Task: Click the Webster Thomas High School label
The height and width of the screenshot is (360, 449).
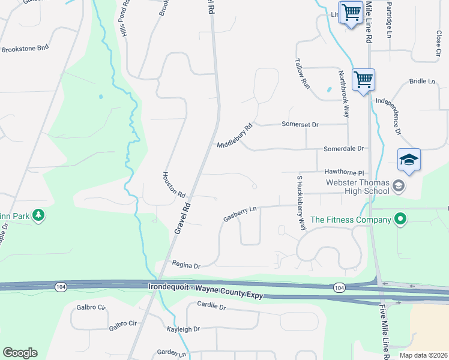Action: pyautogui.click(x=358, y=187)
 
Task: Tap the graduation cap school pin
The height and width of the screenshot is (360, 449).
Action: pyautogui.click(x=409, y=160)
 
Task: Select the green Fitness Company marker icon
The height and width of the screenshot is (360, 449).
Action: pyautogui.click(x=400, y=220)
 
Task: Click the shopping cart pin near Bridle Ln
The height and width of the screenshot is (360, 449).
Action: pyautogui.click(x=364, y=79)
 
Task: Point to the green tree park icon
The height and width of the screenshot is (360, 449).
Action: pyautogui.click(x=38, y=215)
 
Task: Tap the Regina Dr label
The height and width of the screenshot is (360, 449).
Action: pyautogui.click(x=185, y=264)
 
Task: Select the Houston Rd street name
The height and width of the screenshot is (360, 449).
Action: pyautogui.click(x=174, y=185)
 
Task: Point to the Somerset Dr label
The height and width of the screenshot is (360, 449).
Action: pyautogui.click(x=300, y=124)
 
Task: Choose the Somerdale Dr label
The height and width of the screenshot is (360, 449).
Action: pyautogui.click(x=344, y=148)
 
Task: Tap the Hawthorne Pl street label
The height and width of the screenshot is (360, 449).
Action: pyautogui.click(x=345, y=172)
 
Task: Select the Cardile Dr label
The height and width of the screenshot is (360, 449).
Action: pyautogui.click(x=211, y=306)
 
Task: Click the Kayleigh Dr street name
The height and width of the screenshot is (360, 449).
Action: pyautogui.click(x=183, y=329)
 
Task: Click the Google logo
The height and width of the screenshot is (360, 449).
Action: pyautogui.click(x=20, y=353)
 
